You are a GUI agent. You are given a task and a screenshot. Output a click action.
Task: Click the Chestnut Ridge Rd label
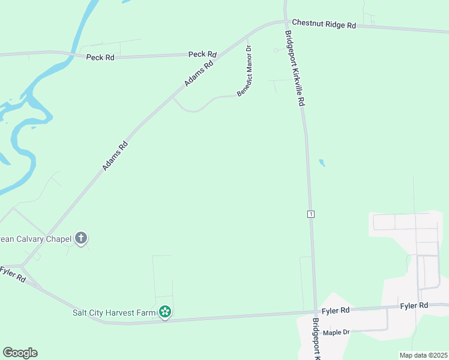pyautogui.click(x=324, y=25)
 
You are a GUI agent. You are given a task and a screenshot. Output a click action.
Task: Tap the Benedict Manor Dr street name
pyautogui.click(x=245, y=73)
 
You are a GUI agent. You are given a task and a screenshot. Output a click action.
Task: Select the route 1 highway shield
pyautogui.click(x=310, y=214)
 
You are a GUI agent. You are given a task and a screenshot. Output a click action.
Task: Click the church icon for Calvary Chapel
pyautogui.click(x=81, y=238)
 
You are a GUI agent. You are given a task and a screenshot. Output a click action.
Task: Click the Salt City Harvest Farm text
pyautogui.click(x=114, y=313)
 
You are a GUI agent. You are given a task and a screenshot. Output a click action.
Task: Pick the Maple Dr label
pyautogui.click(x=336, y=332)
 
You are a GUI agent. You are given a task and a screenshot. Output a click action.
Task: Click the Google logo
pyautogui.click(x=20, y=353)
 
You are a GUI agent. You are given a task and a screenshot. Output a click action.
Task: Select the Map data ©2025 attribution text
pyautogui.click(x=423, y=355)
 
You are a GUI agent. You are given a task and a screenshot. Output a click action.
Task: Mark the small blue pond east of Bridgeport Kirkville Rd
pyautogui.click(x=322, y=163)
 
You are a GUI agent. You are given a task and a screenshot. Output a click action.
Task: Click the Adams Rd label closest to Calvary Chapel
pyautogui.click(x=115, y=155)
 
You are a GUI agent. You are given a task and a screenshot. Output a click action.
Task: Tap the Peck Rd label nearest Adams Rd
pyautogui.click(x=202, y=54)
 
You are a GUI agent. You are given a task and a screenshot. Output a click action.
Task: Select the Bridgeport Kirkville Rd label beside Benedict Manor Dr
pyautogui.click(x=295, y=68)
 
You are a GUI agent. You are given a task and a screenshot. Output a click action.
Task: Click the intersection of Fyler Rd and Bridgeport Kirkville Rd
pyautogui.click(x=316, y=313)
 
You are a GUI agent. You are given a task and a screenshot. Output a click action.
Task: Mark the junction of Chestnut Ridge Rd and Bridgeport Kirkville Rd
pyautogui.click(x=286, y=22)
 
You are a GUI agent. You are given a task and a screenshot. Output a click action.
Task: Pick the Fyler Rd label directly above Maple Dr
pyautogui.click(x=336, y=311)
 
